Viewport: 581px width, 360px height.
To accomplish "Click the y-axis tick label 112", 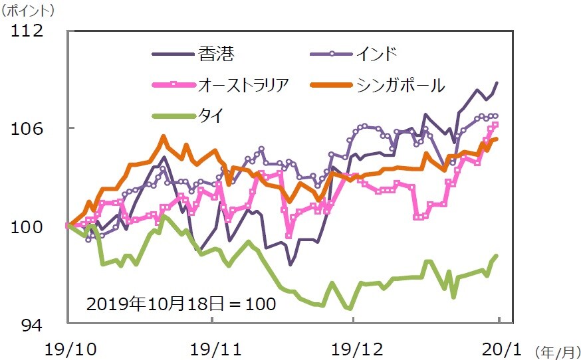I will [x=27, y=31].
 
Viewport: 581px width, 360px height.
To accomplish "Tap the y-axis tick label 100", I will [x=27, y=226].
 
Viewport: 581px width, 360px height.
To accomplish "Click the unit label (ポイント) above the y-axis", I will [x=29, y=11].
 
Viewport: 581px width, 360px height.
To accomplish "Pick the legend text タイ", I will [x=210, y=116].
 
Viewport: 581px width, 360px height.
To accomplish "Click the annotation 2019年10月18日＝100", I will [x=181, y=304].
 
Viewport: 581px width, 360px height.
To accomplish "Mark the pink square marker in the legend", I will [x=173, y=84].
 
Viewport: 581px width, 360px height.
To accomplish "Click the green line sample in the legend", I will [x=173, y=116].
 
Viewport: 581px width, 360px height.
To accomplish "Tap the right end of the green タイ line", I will [x=497, y=256].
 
